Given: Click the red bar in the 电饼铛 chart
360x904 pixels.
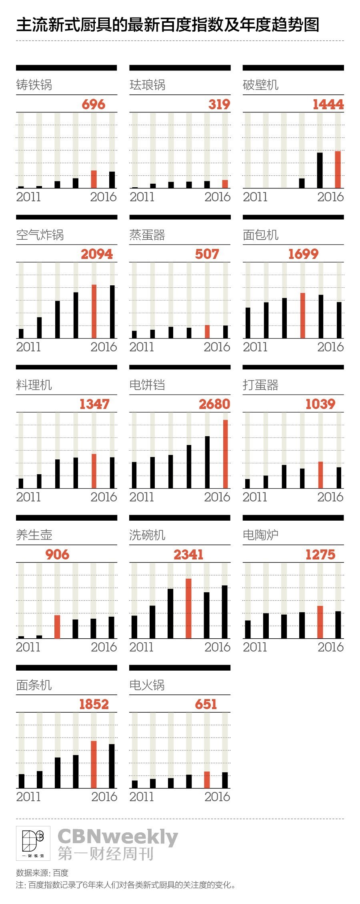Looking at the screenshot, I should [x=226, y=454].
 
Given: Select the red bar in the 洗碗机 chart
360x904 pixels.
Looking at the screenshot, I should [x=188, y=608].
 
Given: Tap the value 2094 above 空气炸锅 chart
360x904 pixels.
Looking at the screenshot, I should [x=97, y=254].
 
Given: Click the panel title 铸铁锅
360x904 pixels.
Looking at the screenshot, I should [x=34, y=85].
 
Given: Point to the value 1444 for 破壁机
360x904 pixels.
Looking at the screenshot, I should [x=328, y=104].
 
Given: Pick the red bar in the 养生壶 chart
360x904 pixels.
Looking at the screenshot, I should [x=57, y=627].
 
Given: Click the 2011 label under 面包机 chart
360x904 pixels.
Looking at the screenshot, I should [x=255, y=347].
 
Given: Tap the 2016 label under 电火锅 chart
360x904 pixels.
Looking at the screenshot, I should [x=217, y=796].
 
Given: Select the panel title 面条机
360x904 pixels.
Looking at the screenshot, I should [x=34, y=685].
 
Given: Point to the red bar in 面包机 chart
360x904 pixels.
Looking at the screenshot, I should [x=303, y=315].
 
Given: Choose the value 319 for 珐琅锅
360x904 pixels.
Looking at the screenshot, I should [x=219, y=104].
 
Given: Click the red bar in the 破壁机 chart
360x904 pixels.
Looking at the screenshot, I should [x=338, y=170].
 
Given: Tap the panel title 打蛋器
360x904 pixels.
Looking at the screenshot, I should [x=260, y=385].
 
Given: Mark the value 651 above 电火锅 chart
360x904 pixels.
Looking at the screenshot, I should [x=206, y=704].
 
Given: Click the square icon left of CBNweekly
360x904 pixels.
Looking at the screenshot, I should [x=33, y=843].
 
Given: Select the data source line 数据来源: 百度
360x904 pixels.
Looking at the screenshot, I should [x=42, y=873].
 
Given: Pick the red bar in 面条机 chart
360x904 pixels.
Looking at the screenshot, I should [x=94, y=764].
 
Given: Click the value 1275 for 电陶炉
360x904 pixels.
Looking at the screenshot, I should [x=320, y=555].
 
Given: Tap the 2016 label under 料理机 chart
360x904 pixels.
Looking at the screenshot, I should [x=104, y=497].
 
